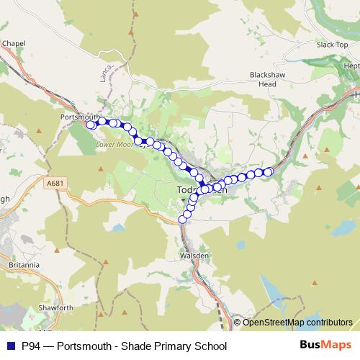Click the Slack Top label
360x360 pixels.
[332, 45]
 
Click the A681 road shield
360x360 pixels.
[53, 184]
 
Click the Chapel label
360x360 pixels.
[14, 43]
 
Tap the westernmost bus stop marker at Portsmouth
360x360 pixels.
[91, 125]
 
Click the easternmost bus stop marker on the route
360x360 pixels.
[269, 171]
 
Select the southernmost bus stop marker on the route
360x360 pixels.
[183, 220]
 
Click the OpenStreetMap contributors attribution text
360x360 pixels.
[297, 323]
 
